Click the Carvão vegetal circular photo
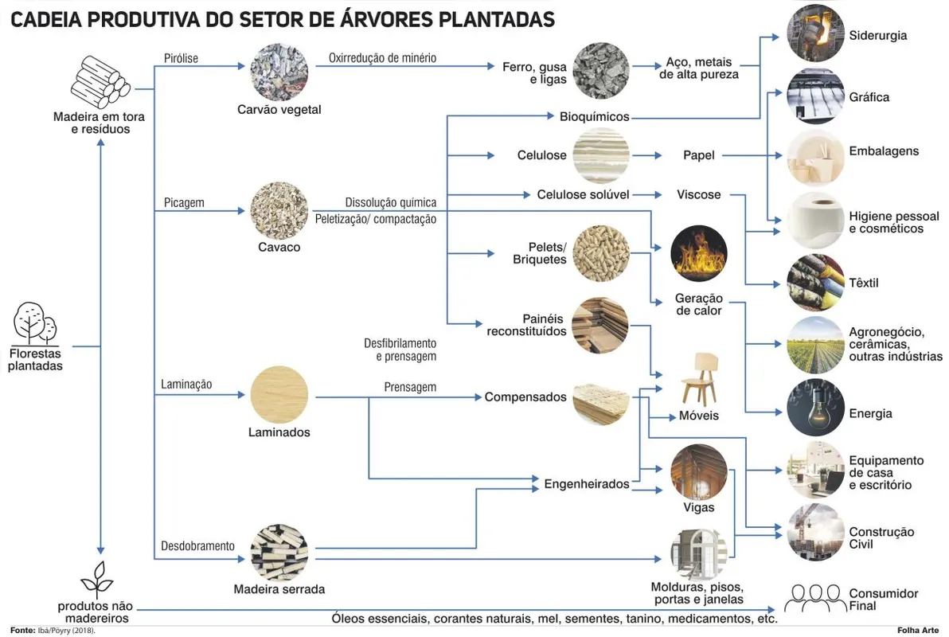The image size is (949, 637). pyautogui.click(x=279, y=72)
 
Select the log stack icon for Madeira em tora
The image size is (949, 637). pyautogui.click(x=100, y=82)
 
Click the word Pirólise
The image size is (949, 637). pyautogui.click(x=181, y=58)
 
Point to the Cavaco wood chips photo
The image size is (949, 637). pyautogui.click(x=279, y=211)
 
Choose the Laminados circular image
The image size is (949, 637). pyautogui.click(x=279, y=394)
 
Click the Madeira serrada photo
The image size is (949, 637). pyautogui.click(x=279, y=553)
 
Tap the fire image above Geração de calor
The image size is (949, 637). pyautogui.click(x=698, y=254)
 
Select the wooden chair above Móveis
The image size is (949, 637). pyautogui.click(x=701, y=378)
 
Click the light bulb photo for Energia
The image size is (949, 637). pyautogui.click(x=815, y=408)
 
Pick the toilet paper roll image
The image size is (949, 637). pyautogui.click(x=815, y=221)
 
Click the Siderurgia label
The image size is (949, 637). pyautogui.click(x=877, y=35)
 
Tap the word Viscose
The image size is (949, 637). pyautogui.click(x=698, y=194)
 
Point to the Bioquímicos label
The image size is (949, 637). pyautogui.click(x=595, y=116)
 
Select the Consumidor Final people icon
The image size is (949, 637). pyautogui.click(x=815, y=598)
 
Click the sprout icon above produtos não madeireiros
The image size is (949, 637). pyautogui.click(x=97, y=579)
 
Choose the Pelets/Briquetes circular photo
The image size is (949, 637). pyautogui.click(x=601, y=254)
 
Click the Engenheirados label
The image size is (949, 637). pyautogui.click(x=587, y=484)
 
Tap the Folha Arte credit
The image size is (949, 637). pyautogui.click(x=918, y=631)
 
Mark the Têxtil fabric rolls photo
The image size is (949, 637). pyautogui.click(x=815, y=283)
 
